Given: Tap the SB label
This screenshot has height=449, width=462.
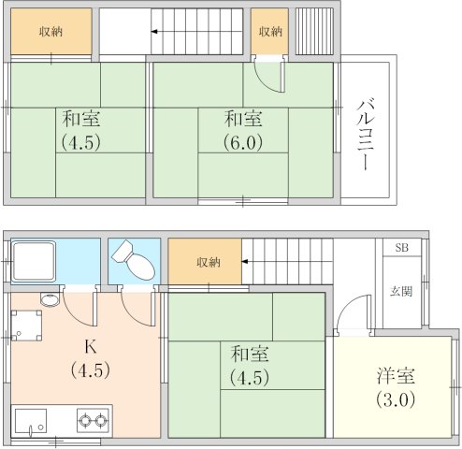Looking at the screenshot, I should (x=401, y=248).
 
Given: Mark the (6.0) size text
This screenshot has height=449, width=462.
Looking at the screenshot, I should (x=242, y=143).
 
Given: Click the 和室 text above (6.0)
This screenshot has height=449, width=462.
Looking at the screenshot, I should (x=242, y=120).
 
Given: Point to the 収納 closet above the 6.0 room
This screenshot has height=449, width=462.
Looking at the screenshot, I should (x=270, y=32).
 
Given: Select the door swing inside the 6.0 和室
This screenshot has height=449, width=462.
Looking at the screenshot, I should (x=268, y=77).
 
